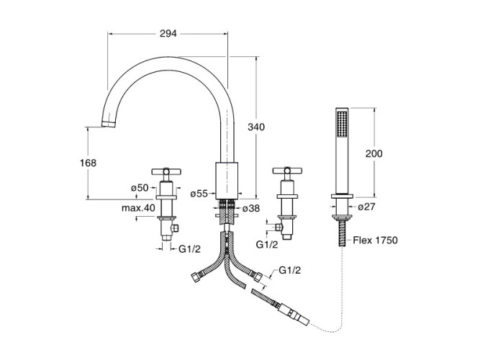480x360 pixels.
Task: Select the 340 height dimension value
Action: pyautogui.click(x=257, y=127)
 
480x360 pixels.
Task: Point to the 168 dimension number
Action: pyautogui.click(x=88, y=163)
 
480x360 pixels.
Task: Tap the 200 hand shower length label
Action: pyautogui.click(x=374, y=153)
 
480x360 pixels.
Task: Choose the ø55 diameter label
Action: pyautogui.click(x=199, y=193)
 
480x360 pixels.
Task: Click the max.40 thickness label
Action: pyautogui.click(x=138, y=208)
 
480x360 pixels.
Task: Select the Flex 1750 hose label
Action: pyautogui.click(x=376, y=240)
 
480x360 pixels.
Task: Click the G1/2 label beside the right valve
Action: pyautogui.click(x=267, y=245)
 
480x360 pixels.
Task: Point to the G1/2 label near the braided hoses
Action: pyautogui.click(x=289, y=271)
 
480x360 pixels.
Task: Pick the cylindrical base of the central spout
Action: pyautogui.click(x=227, y=180)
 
